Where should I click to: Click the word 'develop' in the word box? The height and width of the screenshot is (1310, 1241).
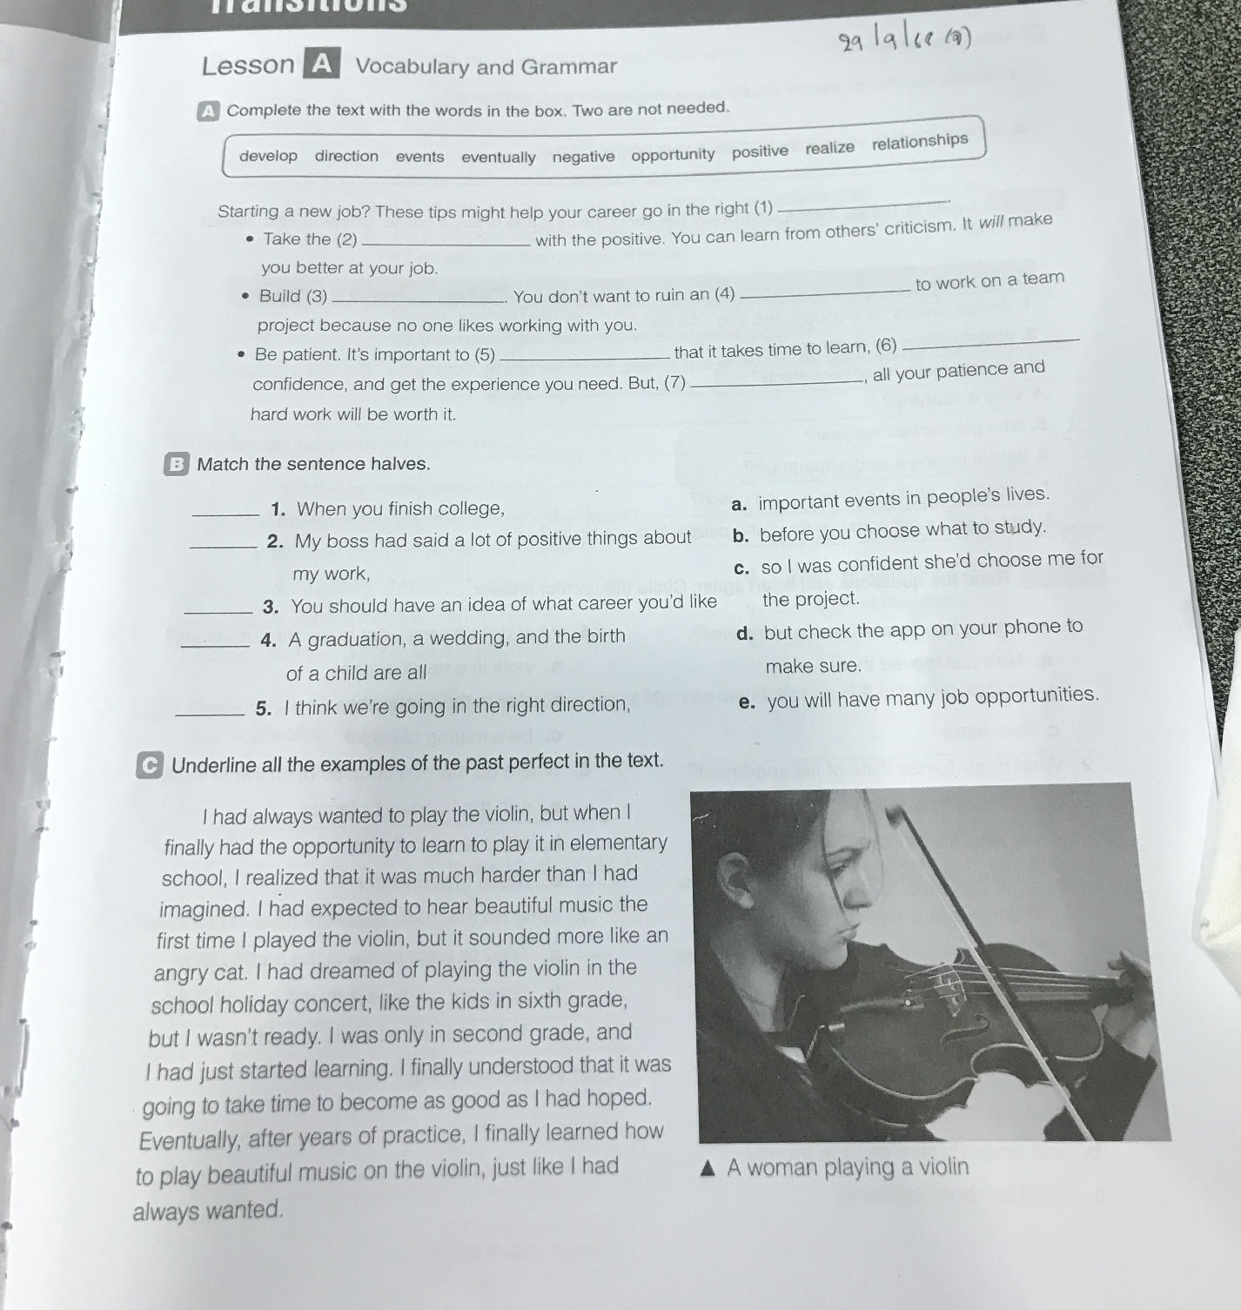pos(268,156)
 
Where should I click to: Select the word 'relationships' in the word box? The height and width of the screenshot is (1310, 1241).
pos(919,142)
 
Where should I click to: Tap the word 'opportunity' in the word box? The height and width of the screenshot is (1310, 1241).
pos(673,155)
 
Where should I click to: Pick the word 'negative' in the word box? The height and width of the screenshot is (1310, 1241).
pos(583,157)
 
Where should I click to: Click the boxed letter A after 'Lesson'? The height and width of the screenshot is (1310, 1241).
pos(321,64)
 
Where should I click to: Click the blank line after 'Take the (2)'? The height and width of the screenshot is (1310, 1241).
pos(444,245)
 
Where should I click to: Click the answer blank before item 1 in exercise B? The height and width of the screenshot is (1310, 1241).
pos(225,514)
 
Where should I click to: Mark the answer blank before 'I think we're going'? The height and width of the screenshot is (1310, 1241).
pos(210,714)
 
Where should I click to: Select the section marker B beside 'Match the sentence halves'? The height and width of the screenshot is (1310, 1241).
pos(177,464)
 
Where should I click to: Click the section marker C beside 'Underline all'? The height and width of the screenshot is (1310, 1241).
pos(150,766)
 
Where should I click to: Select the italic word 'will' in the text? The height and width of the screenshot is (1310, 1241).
pos(991,222)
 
